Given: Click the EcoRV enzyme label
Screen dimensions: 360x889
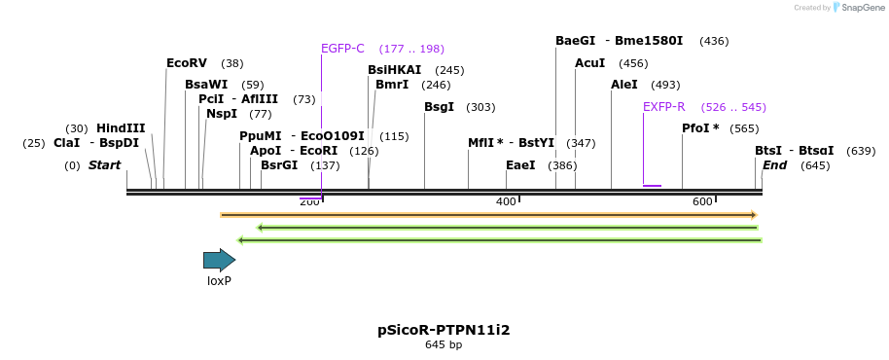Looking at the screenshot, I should [186, 63].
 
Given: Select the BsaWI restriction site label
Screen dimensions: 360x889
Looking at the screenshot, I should [206, 85].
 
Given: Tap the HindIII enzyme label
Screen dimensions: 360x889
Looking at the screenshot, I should [121, 128].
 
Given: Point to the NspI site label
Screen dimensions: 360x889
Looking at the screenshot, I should [221, 114].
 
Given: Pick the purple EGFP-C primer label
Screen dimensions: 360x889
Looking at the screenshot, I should [342, 49].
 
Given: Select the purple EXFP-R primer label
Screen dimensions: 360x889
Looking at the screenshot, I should [663, 107].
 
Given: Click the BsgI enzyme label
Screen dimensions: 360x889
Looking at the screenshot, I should [439, 107].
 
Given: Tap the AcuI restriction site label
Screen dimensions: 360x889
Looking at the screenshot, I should [589, 63].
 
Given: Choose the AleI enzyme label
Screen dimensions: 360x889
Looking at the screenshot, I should [623, 85].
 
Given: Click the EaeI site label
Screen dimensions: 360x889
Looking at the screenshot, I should [520, 165].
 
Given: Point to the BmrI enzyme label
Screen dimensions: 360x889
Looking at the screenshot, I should [392, 85].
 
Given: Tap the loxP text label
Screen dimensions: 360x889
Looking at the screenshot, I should [219, 281].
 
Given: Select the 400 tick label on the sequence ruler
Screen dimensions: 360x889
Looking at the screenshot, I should [506, 201].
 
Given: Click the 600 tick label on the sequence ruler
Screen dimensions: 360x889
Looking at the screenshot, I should [702, 201].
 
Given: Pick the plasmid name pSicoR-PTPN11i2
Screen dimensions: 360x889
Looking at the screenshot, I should [444, 330].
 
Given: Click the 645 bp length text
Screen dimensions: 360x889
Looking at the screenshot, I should [444, 344].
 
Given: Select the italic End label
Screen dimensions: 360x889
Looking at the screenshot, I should [774, 165].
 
